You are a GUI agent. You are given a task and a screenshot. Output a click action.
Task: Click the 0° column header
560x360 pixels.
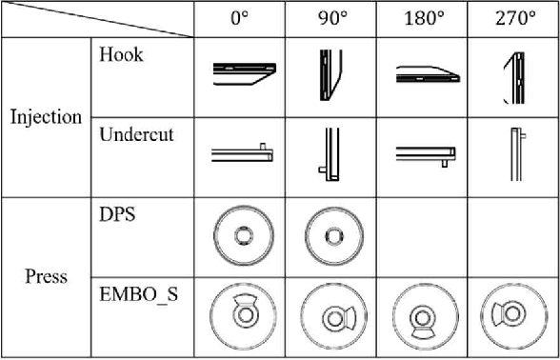pos(244,19)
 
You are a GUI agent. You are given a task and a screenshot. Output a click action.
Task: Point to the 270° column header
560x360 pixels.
pos(514,19)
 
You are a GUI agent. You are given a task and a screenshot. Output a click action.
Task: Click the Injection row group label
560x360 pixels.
pos(46,118)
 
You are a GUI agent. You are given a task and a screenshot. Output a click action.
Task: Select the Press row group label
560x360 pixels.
pos(46,277)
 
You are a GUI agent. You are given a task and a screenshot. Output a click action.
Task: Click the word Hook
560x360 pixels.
pos(121,55)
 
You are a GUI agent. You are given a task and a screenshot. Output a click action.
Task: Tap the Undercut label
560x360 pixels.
pos(136,134)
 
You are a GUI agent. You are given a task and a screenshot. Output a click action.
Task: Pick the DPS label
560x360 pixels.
pos(117,215)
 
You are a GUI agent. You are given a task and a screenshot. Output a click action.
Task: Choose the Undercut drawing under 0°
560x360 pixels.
pos(242,153)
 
